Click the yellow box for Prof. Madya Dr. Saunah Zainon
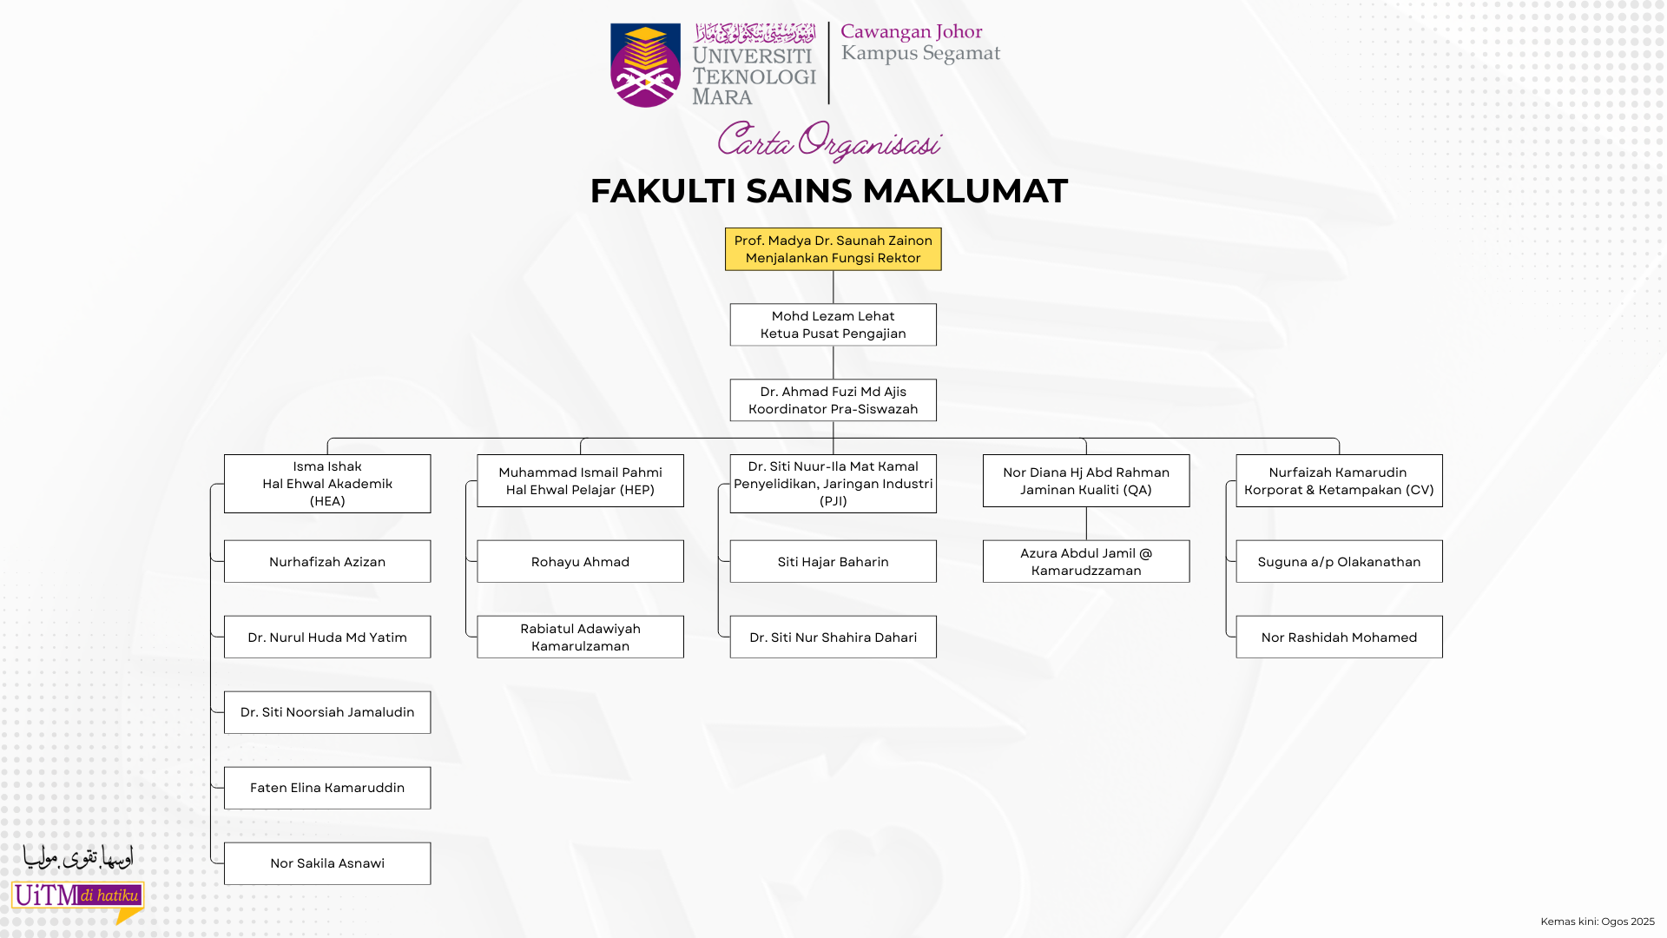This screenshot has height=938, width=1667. (x=833, y=249)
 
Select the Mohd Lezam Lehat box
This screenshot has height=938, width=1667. (x=833, y=325)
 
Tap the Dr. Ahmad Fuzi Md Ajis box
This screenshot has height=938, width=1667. (x=833, y=400)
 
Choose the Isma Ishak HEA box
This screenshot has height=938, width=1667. (x=327, y=484)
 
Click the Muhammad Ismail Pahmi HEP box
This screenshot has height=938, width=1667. (x=580, y=481)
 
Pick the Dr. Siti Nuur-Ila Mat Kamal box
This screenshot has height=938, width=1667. (x=833, y=484)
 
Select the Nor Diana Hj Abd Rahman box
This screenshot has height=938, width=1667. (x=1086, y=481)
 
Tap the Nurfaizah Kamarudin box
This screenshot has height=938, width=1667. (x=1339, y=481)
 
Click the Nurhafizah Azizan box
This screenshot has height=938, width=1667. (x=327, y=562)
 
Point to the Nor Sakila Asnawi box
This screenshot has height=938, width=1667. (x=327, y=863)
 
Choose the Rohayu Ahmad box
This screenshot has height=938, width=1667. (x=580, y=562)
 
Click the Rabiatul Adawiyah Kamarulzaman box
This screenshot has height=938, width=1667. (x=580, y=637)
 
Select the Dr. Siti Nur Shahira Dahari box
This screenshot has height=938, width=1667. (x=833, y=637)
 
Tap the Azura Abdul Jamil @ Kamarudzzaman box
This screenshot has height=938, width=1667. (x=1086, y=562)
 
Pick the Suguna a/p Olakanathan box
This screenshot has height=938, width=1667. (x=1339, y=562)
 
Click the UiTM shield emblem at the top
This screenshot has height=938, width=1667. (x=645, y=65)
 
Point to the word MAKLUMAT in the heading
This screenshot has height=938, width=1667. (x=965, y=191)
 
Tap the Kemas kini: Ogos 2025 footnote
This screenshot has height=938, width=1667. (x=1597, y=921)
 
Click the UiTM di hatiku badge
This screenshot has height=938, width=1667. (x=77, y=896)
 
